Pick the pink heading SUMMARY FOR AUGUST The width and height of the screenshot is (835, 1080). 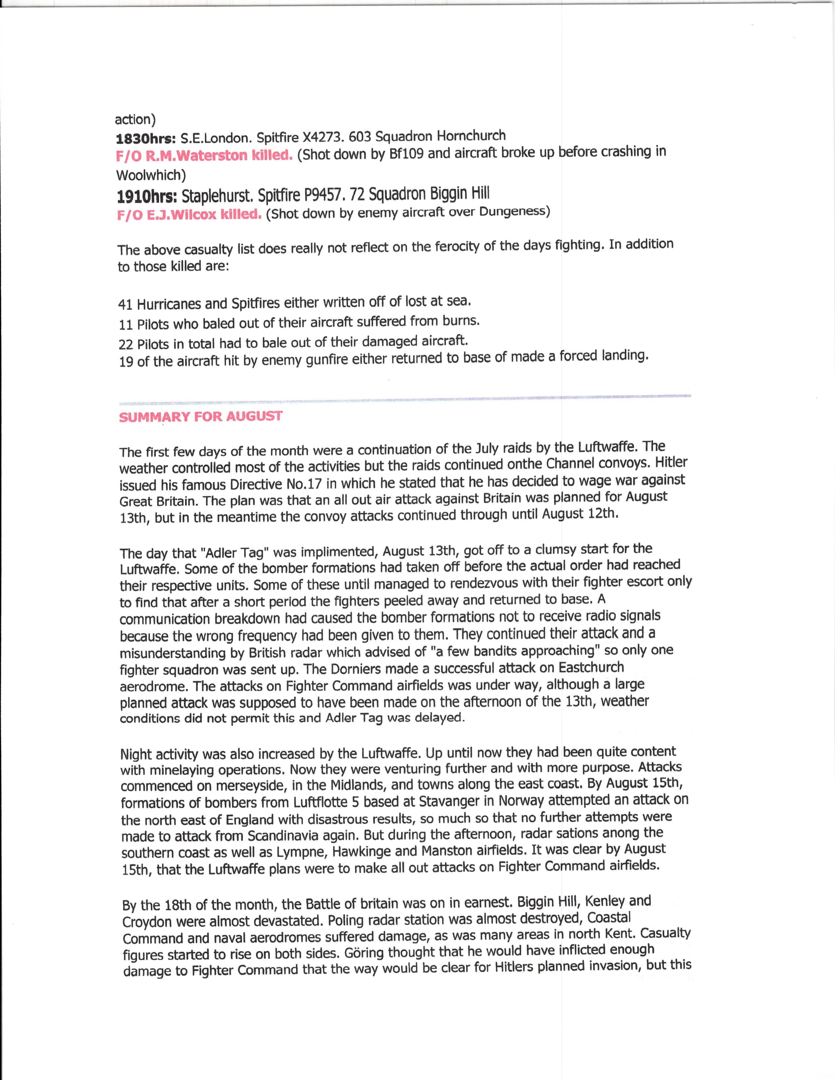tap(200, 416)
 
